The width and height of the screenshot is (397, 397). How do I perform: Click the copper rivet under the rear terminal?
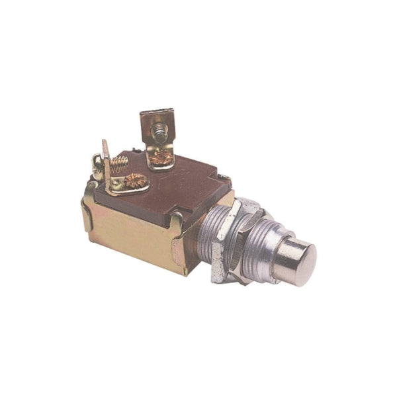[x=161, y=157]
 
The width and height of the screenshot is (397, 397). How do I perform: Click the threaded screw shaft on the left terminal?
[x=119, y=162]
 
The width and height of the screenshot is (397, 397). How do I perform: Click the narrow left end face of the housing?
[x=86, y=212]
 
